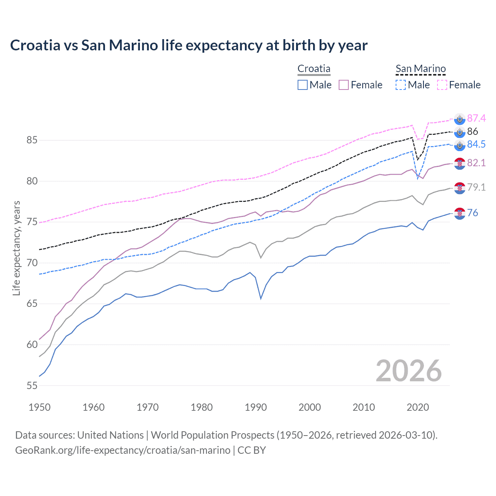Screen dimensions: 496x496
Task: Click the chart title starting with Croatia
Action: tap(189, 45)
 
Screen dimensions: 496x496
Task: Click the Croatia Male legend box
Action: tap(303, 85)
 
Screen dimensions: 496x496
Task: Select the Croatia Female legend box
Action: tap(344, 85)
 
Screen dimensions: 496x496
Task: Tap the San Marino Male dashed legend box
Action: tap(401, 85)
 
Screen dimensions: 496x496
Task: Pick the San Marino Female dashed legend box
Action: tap(442, 85)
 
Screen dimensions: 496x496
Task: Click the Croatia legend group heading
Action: tap(314, 69)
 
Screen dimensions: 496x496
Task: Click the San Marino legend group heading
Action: tap(420, 69)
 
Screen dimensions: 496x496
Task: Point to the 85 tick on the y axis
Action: tap(32, 140)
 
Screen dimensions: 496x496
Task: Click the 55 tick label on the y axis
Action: tap(32, 386)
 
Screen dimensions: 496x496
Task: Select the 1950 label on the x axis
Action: tap(40, 407)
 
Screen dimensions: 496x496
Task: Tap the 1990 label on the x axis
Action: tap(256, 407)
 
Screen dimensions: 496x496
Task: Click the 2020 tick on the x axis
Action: tap(418, 407)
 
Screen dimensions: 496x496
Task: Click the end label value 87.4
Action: tap(476, 118)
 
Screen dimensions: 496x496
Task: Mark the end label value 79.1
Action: tap(476, 188)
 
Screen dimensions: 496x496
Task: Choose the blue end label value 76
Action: tap(472, 213)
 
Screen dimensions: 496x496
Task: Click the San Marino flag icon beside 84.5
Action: tap(460, 145)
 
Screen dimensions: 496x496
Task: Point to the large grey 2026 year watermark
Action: tap(408, 371)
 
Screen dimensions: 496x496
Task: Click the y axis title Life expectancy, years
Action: tap(16, 248)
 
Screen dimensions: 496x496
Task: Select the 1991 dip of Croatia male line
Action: tap(261, 298)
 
